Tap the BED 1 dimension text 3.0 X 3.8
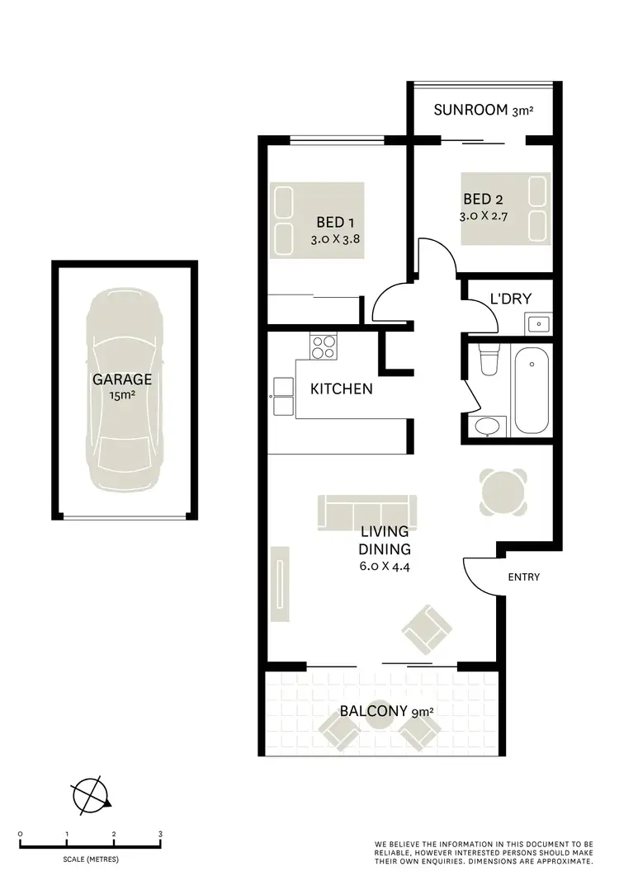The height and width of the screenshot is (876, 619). (336, 240)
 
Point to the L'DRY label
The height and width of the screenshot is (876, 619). (510, 299)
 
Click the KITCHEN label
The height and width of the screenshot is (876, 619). (341, 389)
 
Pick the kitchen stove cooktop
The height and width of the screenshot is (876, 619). (323, 346)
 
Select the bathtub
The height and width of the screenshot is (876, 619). (530, 392)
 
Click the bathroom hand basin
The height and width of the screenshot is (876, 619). (484, 426)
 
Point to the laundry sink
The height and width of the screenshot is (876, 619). (538, 323)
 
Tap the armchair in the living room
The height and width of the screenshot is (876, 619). (426, 628)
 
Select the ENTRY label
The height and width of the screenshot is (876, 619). (524, 577)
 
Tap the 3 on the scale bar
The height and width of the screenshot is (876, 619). (160, 835)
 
